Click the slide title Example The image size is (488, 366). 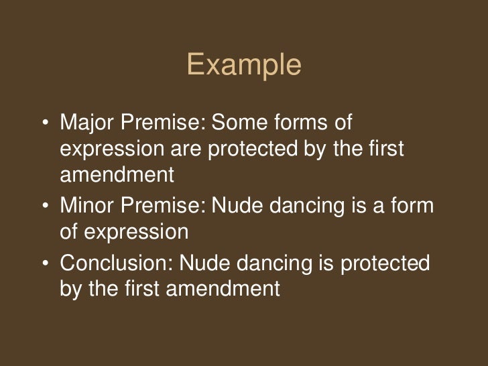click(244, 65)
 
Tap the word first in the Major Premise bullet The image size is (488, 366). click(387, 149)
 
